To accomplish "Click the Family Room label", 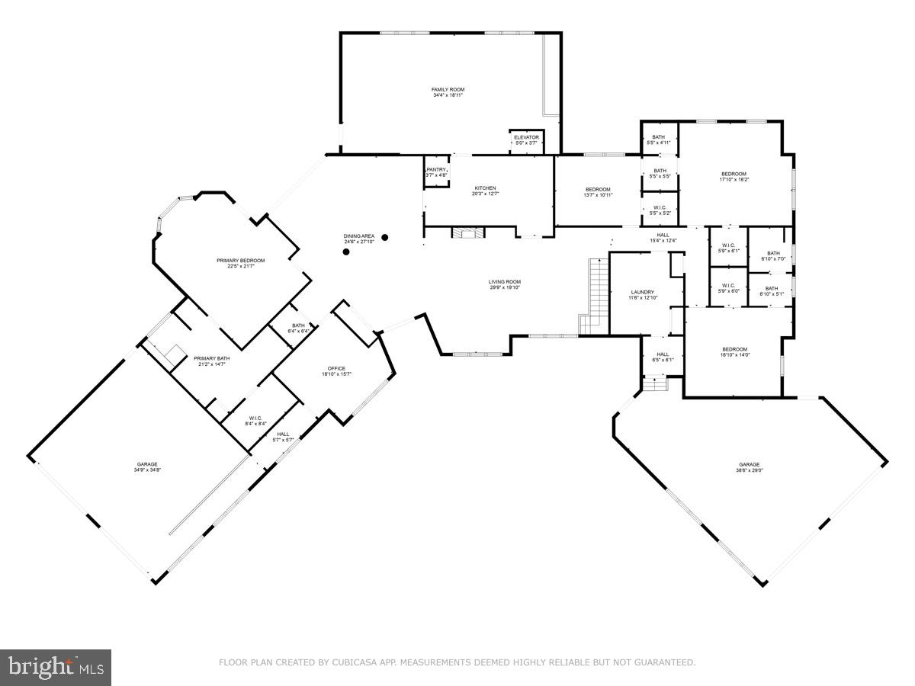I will pos(448,93).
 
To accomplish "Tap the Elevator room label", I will pos(526,140).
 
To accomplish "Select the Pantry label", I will pos(436,172).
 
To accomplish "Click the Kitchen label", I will pos(486,191).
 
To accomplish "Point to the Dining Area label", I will pos(358,239).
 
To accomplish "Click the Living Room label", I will pos(505,284).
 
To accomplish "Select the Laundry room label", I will pos(643,295).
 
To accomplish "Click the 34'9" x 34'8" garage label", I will pos(148,467).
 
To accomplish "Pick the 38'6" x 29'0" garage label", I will pos(750,467).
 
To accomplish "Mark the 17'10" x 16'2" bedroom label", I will pos(734,177).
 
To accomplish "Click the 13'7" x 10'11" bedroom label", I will pos(598,192).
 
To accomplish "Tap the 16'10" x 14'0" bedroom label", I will pos(735,351).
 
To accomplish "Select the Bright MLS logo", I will pos(56,667).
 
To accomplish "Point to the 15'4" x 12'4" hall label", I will pos(663,238).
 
